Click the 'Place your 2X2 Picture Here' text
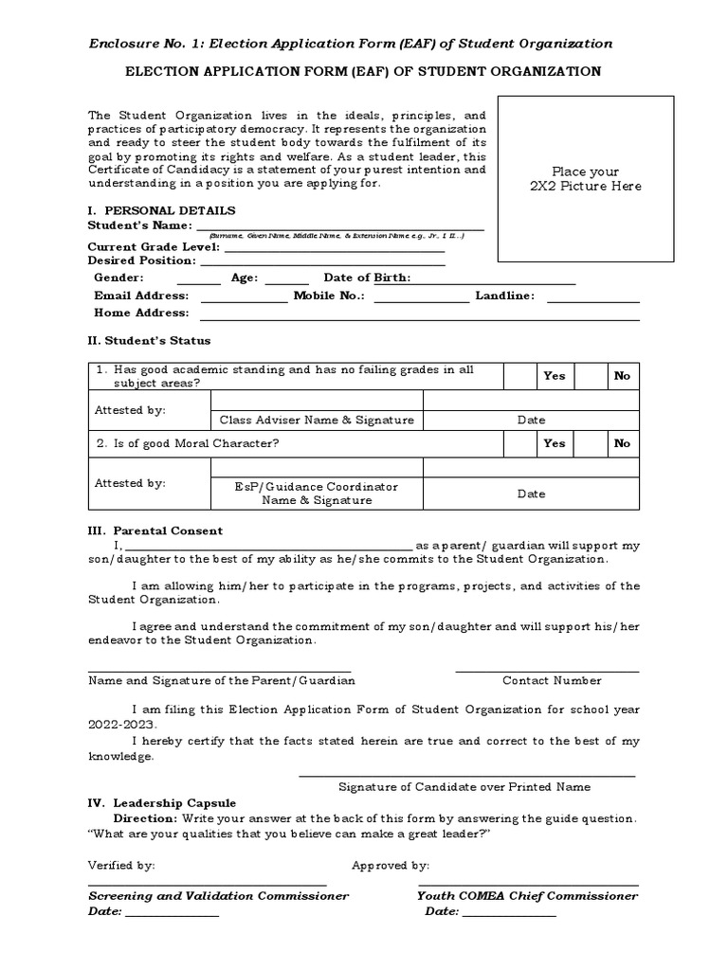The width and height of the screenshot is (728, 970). point(585,179)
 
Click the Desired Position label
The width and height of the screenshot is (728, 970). point(142,260)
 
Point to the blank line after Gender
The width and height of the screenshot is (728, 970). point(199,279)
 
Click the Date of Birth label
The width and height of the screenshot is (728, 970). point(368,278)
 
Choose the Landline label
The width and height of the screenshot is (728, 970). point(504,296)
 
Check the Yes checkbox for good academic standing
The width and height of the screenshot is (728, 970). point(519,376)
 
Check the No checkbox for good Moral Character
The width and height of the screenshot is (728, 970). point(591,443)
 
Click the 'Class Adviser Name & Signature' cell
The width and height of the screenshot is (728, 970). point(317,420)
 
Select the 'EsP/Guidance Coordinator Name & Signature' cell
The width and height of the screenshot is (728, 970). point(317,493)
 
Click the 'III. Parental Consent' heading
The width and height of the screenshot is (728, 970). point(155,530)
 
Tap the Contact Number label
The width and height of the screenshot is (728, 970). point(552,680)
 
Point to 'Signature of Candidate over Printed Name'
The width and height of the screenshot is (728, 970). point(464,786)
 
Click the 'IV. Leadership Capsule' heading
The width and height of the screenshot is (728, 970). point(162,802)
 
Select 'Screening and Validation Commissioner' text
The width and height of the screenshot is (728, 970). point(218,895)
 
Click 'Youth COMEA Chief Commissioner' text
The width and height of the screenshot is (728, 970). point(527,895)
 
